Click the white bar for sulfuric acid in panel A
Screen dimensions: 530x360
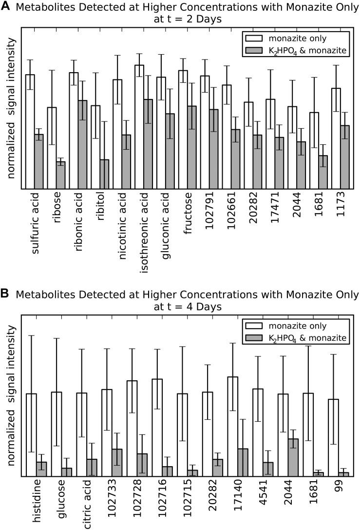[x=30, y=132]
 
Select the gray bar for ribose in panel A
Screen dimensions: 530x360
[x=60, y=176]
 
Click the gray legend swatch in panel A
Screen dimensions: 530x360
[x=254, y=52]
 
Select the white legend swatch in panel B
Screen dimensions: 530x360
[x=254, y=326]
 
